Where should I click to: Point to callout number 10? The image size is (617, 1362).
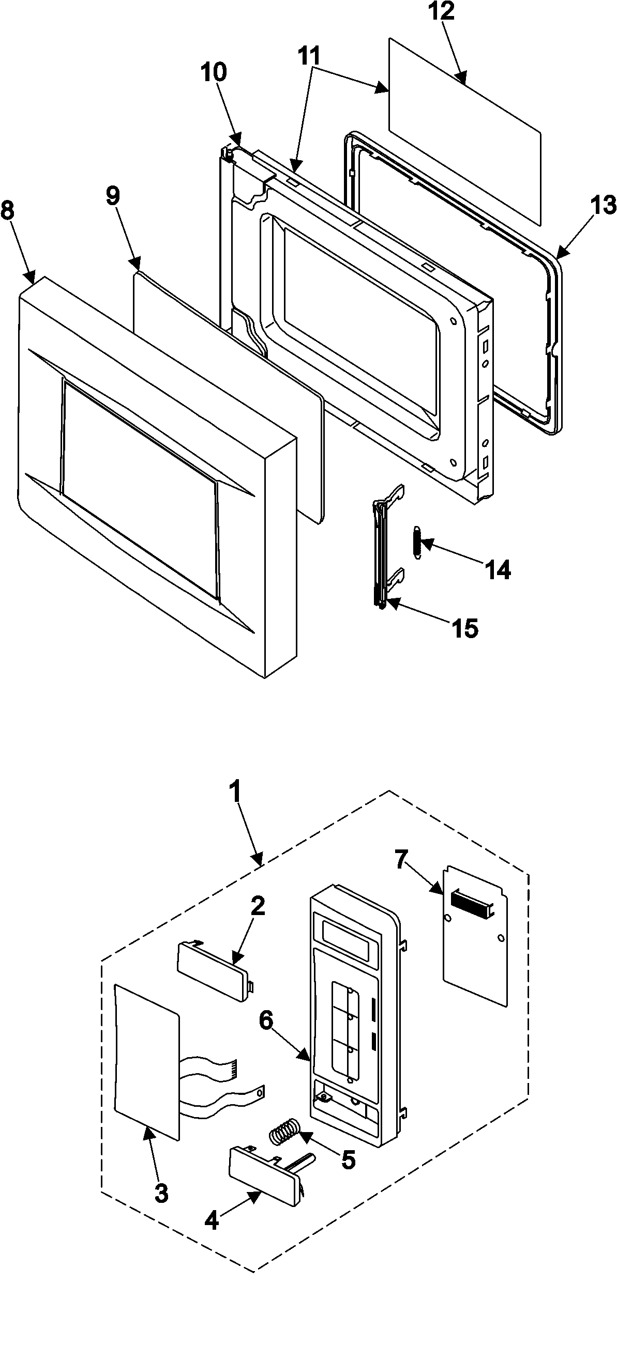(x=213, y=72)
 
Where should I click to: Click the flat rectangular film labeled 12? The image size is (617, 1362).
(x=465, y=130)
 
